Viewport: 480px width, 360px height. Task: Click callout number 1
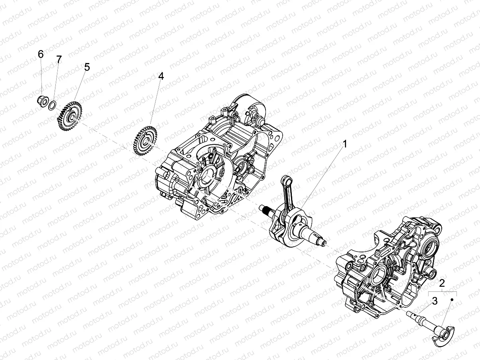coord(345,144)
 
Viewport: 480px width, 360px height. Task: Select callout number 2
coord(442,283)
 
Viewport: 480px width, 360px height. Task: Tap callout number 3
coord(435,301)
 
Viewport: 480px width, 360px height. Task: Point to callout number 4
coord(161,76)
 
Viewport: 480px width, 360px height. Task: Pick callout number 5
coord(87,67)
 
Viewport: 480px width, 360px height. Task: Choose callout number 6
coord(41,54)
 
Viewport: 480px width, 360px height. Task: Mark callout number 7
coord(59,59)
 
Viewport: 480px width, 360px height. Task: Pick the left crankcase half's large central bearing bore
coord(209,175)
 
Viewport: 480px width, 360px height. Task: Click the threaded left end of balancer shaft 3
coord(409,314)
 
